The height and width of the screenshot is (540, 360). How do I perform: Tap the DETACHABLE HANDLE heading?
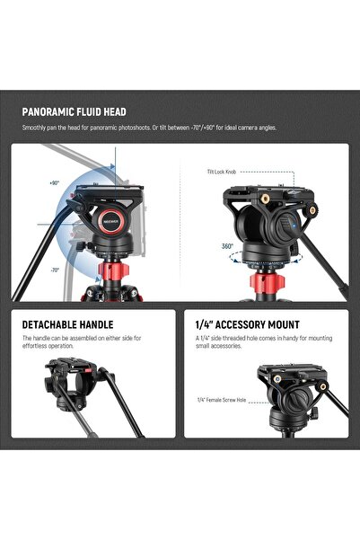(x=66, y=323)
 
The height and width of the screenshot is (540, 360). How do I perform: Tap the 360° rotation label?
(x=228, y=245)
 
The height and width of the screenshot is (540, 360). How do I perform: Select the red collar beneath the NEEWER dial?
(x=105, y=268)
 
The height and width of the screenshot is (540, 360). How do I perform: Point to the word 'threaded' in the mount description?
(x=234, y=339)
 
